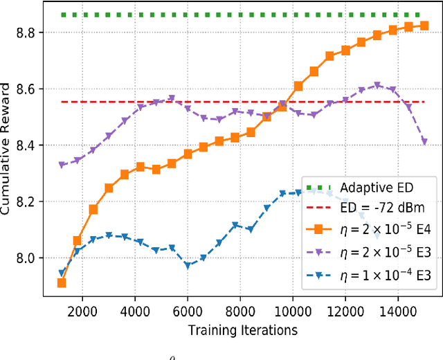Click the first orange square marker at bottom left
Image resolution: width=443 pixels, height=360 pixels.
62,282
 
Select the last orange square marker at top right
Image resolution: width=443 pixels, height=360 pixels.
424,26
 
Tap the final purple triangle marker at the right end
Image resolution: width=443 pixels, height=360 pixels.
424,141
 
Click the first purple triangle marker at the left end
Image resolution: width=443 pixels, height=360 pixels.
62,165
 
